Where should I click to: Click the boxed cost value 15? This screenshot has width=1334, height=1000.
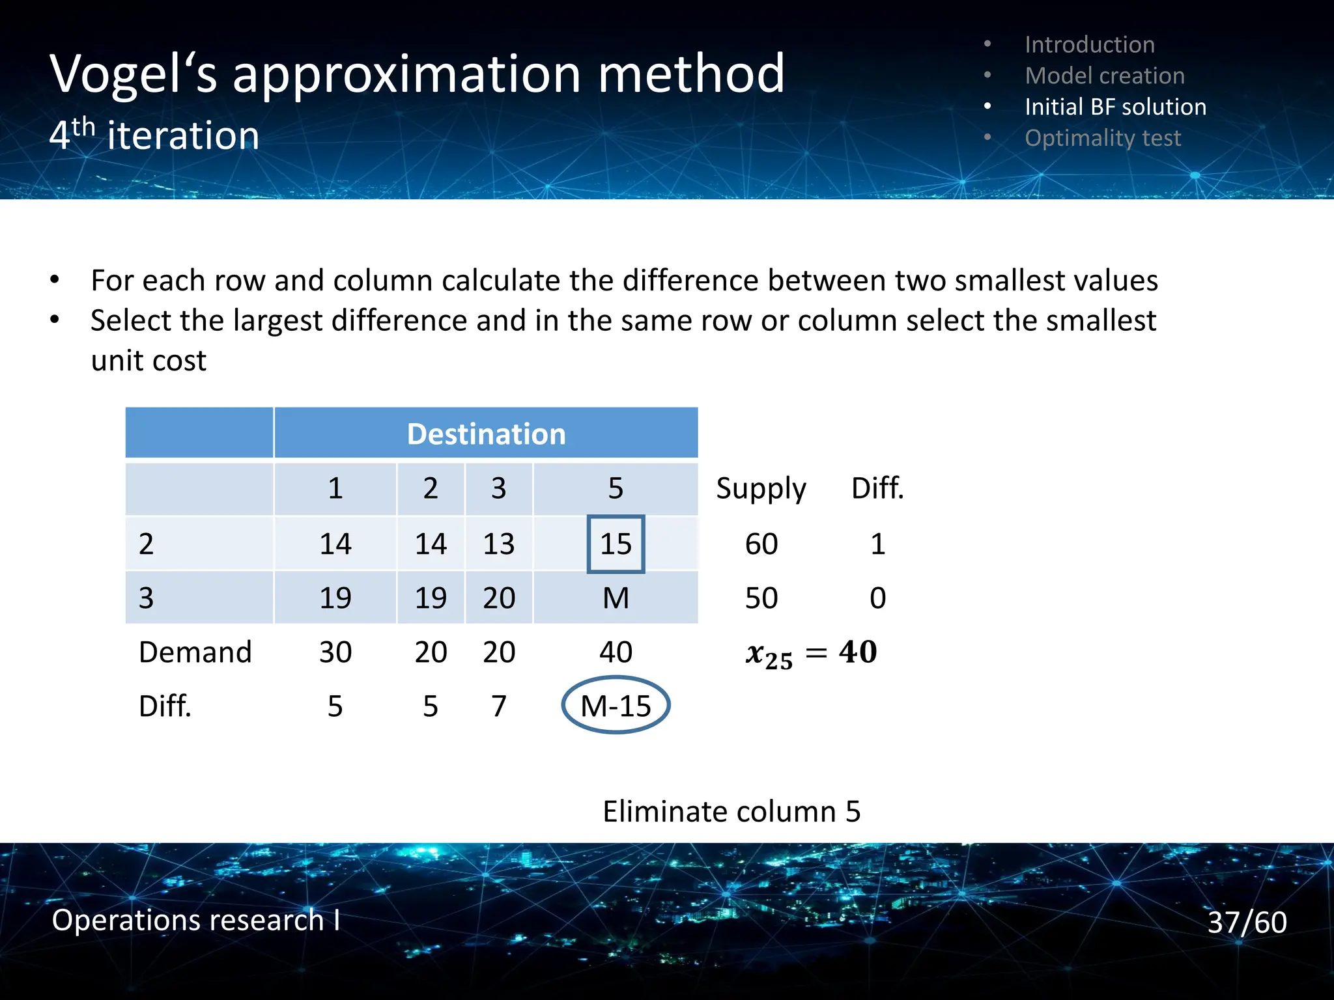pos(616,544)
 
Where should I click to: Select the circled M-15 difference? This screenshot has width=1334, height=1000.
pos(616,706)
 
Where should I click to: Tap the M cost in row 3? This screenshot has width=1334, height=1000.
pos(616,598)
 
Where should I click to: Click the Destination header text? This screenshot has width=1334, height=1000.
pos(486,434)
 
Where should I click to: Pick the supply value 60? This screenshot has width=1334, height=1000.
pos(761,544)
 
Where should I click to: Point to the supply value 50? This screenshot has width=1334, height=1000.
pos(761,598)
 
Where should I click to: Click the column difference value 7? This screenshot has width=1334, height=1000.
pos(498,706)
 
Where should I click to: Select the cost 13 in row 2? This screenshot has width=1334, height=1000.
pos(498,544)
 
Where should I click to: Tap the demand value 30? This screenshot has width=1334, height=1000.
pos(335,652)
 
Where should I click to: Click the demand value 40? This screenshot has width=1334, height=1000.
pos(616,652)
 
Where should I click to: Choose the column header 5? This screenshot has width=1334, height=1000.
pos(616,488)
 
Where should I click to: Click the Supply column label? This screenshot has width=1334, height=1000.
pos(761,488)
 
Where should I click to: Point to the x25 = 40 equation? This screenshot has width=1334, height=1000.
pos(811,652)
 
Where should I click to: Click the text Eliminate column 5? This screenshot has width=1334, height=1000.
pos(731,811)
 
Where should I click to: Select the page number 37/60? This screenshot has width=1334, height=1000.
pos(1247,922)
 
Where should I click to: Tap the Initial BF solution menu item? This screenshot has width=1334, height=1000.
pos(1115,107)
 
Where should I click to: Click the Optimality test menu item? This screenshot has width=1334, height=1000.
pos(1102,138)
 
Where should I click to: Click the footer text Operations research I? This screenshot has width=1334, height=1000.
pos(195,920)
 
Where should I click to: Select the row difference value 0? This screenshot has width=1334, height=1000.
pos(877,598)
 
